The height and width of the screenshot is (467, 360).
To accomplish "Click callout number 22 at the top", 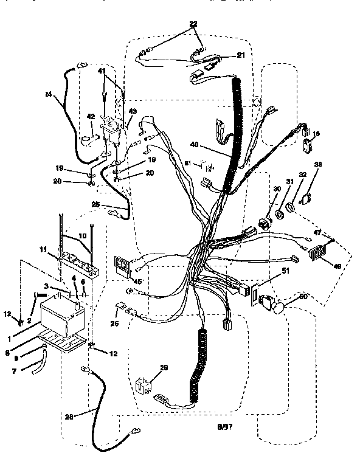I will click(x=193, y=24).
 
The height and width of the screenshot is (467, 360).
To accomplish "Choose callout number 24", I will click(x=48, y=94).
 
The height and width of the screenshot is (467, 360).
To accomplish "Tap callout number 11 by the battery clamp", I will click(x=43, y=249).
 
